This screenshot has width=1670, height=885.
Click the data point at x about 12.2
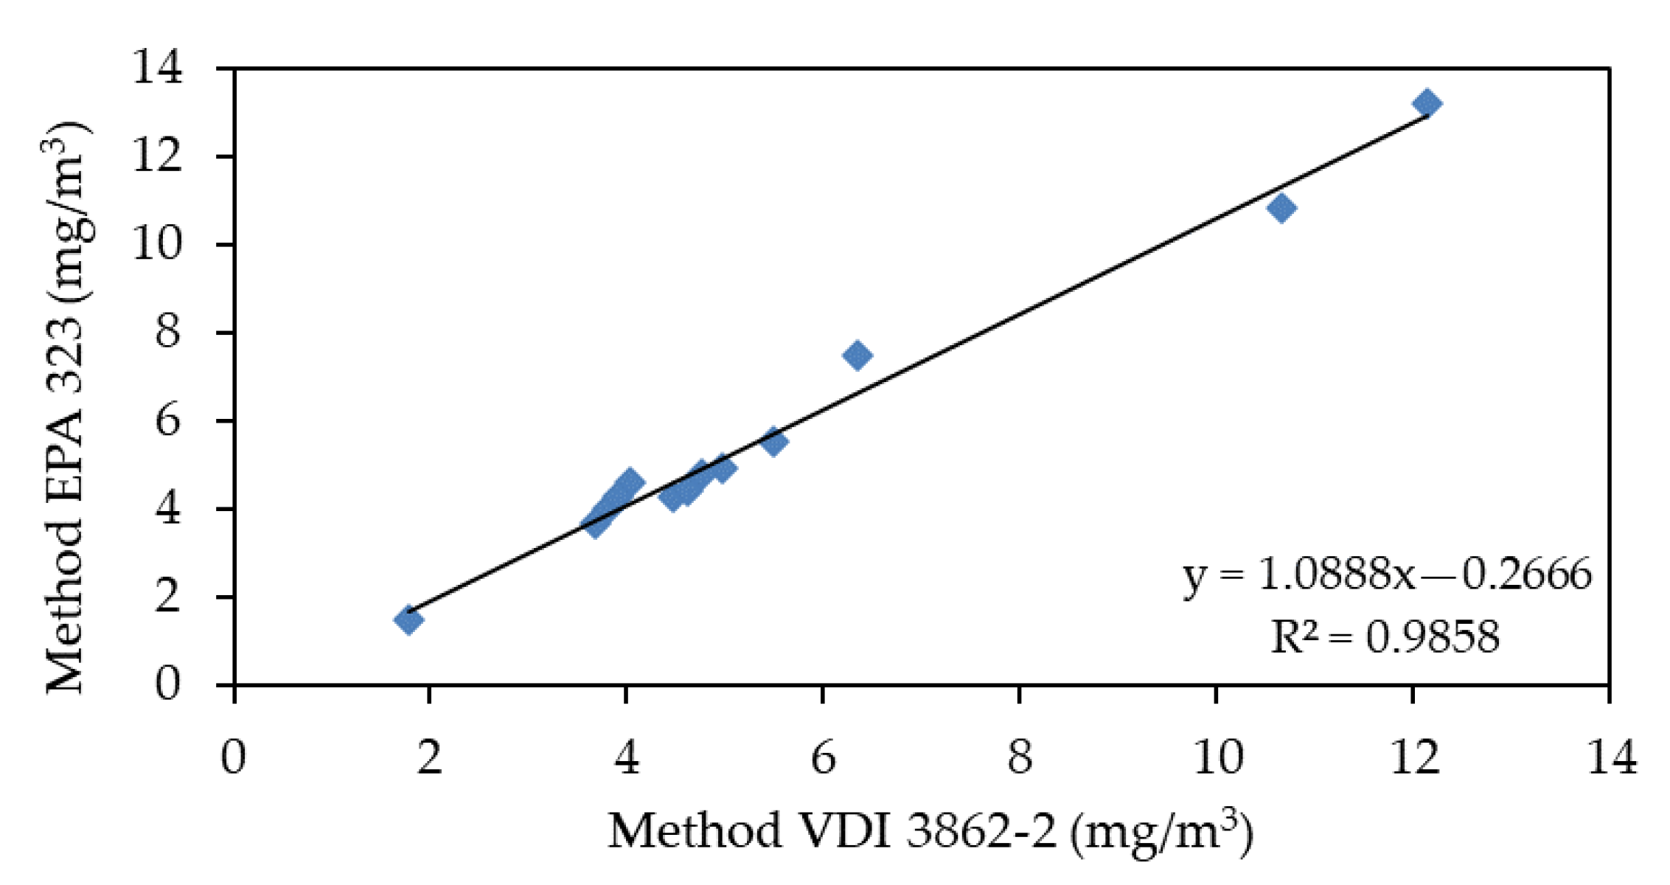(1427, 103)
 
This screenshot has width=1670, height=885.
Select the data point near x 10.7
(1282, 208)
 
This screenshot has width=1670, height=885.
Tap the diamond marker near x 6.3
(857, 355)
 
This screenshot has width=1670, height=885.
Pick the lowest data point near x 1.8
(408, 619)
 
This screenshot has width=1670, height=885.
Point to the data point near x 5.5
(773, 441)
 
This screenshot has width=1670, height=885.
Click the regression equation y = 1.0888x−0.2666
(1386, 575)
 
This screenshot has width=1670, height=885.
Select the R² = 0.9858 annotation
(1385, 636)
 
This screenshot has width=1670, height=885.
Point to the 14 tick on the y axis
(156, 69)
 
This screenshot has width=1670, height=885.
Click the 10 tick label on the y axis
(156, 244)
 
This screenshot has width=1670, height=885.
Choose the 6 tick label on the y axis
(168, 420)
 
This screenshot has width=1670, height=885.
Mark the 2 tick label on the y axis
(168, 596)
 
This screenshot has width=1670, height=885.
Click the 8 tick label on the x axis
(1020, 757)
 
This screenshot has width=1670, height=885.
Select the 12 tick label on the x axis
(1413, 757)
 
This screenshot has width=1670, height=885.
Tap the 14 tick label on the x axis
(1610, 757)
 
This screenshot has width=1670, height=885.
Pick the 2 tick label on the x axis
(429, 757)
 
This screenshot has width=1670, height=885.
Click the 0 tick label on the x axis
(233, 757)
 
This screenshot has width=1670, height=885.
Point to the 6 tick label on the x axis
(823, 757)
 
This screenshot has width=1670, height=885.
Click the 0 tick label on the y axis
(168, 684)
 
